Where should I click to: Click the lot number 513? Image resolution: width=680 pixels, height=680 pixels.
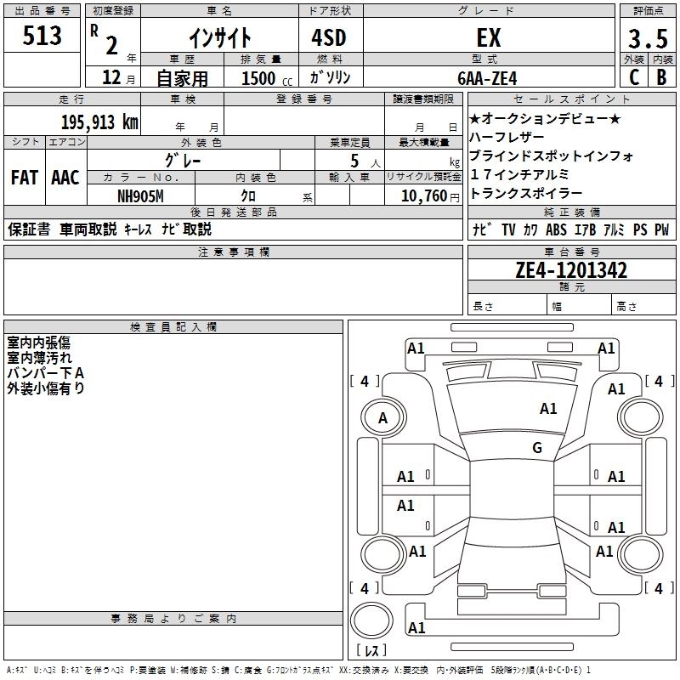pos(43,37)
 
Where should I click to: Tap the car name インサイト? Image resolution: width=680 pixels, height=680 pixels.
pos(219,38)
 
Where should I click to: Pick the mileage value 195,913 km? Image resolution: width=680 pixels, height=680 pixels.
pos(99,122)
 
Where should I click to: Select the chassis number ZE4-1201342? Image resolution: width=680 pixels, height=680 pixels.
pos(571,270)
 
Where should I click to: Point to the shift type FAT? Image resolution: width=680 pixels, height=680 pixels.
pos(24,178)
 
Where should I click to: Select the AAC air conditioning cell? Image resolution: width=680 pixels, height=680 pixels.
pos(65,178)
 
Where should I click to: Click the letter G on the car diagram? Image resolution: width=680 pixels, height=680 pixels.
pos(537,448)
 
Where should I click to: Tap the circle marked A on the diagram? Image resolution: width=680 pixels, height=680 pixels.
pos(382,417)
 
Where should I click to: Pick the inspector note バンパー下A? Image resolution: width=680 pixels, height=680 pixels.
pos(46,373)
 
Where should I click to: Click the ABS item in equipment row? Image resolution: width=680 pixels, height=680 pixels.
pos(556,229)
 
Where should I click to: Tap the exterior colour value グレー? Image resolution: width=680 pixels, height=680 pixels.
pos(183,159)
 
